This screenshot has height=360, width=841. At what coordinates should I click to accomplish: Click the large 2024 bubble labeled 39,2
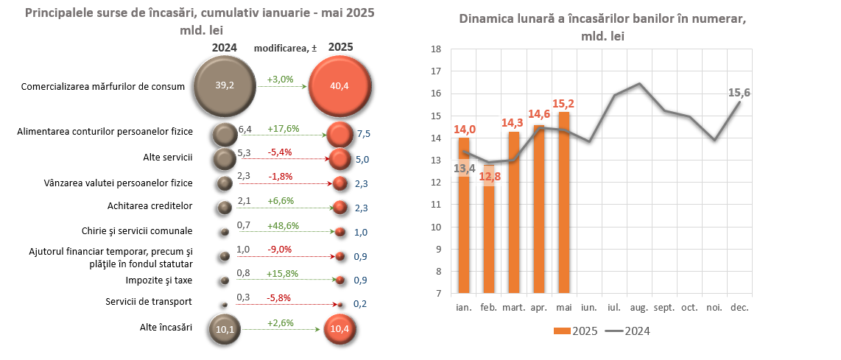pyautogui.click(x=225, y=85)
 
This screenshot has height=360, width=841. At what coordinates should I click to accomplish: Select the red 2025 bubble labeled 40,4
pyautogui.click(x=339, y=85)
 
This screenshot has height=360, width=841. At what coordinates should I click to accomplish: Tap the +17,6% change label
pyautogui.click(x=283, y=128)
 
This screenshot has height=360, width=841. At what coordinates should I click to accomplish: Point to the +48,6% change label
pyautogui.click(x=283, y=225)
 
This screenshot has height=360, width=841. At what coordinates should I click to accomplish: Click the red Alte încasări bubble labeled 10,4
pyautogui.click(x=339, y=328)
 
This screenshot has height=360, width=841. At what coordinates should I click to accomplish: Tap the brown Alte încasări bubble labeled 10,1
pyautogui.click(x=225, y=328)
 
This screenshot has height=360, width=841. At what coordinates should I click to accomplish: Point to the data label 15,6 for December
pyautogui.click(x=739, y=92)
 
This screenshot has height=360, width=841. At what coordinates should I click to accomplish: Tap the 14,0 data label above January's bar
pyautogui.click(x=464, y=130)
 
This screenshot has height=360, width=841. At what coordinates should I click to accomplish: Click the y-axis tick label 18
pyautogui.click(x=435, y=49)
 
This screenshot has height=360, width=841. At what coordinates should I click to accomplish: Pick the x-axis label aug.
pyautogui.click(x=639, y=308)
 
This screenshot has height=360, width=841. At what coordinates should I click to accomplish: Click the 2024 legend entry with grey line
pyautogui.click(x=627, y=331)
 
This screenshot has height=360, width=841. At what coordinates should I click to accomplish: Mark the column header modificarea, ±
pyautogui.click(x=285, y=48)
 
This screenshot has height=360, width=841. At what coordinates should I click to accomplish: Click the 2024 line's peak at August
pyautogui.click(x=639, y=84)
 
